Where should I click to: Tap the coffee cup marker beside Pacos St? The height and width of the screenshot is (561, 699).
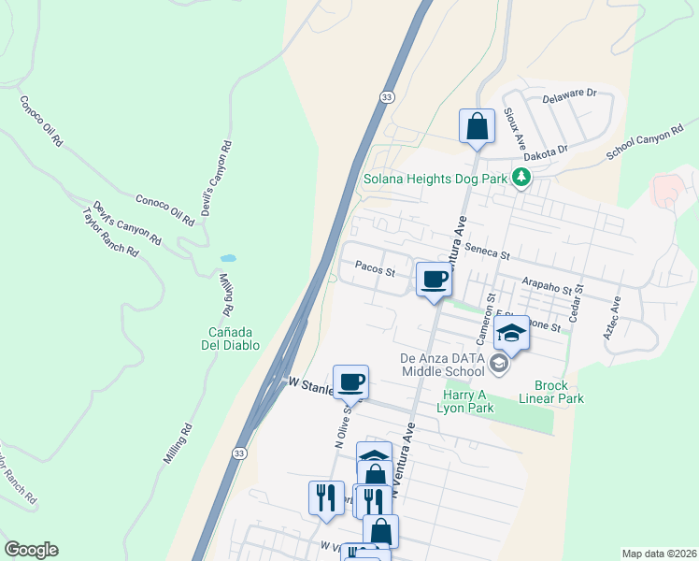coord(435,279)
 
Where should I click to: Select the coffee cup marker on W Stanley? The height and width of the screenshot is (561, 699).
coord(350,381)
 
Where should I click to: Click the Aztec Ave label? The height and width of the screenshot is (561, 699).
coord(615,318)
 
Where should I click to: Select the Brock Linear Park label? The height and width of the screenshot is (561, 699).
coord(559,392)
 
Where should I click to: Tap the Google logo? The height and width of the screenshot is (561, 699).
coord(31,550)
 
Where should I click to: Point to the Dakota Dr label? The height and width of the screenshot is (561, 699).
coord(545,152)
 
